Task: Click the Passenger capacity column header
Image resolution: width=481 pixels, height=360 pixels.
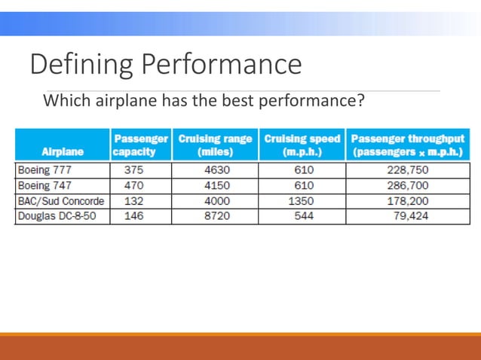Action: click(x=140, y=145)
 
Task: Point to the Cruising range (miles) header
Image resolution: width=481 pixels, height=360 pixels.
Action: click(x=215, y=145)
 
